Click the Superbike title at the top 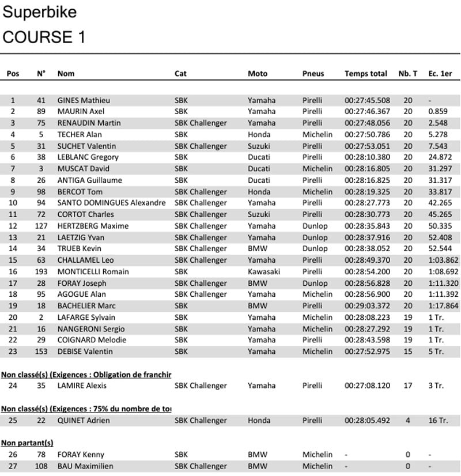coord(39,12)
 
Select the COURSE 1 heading coord(44,37)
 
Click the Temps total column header coord(365,74)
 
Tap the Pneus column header coord(313,74)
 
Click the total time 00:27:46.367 coord(367,112)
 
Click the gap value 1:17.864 coord(443,306)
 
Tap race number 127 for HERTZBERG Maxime coord(41,226)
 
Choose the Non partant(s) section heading coord(27,443)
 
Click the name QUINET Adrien coord(84,421)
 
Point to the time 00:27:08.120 coord(367,386)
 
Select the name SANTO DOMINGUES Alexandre coord(111,203)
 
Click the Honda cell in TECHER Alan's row coord(259,134)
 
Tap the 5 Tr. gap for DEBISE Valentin coord(436,352)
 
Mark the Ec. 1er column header coord(440,74)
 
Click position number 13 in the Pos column coord(13,237)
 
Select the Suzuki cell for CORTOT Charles coord(259,214)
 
